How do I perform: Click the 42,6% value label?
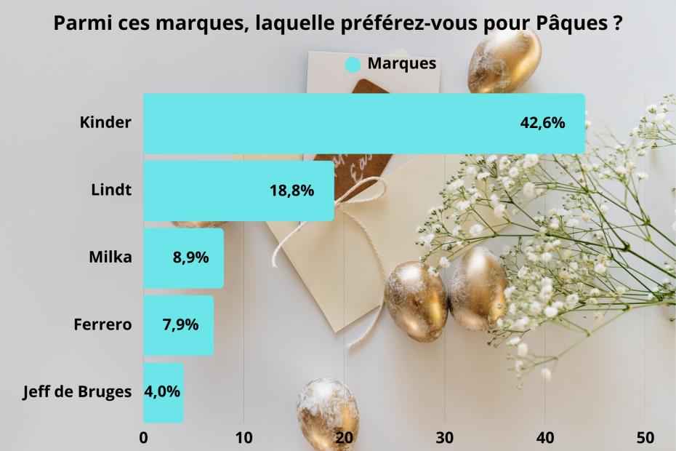pos(542,124)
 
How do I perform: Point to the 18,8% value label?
pos(291,191)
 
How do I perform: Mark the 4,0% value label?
pos(162,392)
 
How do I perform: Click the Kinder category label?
pos(105,123)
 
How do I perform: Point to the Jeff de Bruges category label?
pos(78,392)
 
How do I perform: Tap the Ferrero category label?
pos(102,324)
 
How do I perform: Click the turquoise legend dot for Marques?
pos(353,64)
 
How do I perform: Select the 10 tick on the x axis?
pos(244,438)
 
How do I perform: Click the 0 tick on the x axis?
pos(144,438)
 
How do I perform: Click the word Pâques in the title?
pos(571,23)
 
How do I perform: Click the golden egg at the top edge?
pos(504,62)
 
